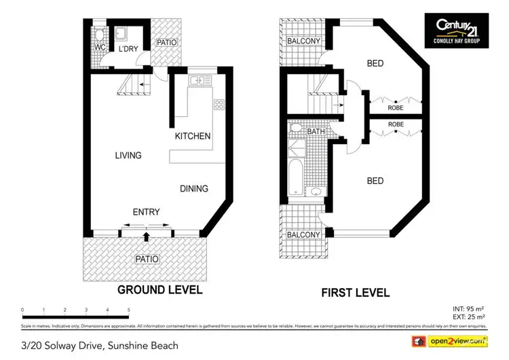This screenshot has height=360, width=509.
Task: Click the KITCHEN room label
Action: point(193,136)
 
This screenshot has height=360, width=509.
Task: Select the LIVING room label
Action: point(128,156)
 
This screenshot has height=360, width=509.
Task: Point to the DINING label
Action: point(194,188)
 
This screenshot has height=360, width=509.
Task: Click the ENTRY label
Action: point(146,213)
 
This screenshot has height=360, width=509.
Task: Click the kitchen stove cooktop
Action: point(220,104)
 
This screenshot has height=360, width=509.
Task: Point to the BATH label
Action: point(316,132)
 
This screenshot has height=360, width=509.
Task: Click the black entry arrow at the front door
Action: point(147,236)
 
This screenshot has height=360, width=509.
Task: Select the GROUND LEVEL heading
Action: point(160,289)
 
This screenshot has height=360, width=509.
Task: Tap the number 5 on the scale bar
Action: point(128,310)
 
